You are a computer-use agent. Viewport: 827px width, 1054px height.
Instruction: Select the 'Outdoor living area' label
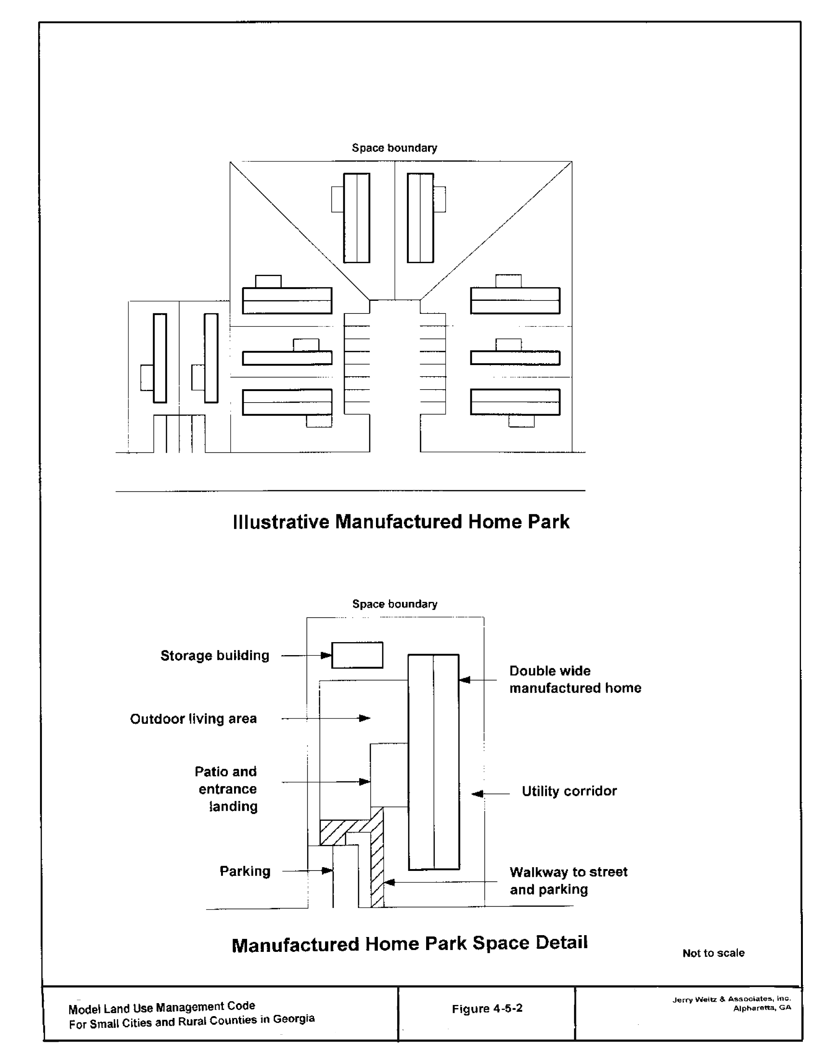[x=193, y=719]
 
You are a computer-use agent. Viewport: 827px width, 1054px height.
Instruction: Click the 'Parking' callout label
[x=245, y=871]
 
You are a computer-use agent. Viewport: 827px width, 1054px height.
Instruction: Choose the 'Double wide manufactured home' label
[x=575, y=679]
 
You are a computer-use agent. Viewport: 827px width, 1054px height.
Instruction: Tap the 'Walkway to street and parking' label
[x=568, y=881]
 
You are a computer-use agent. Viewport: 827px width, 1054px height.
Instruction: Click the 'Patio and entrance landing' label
[x=226, y=789]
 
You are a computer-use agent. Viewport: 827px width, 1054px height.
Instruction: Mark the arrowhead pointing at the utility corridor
[x=477, y=794]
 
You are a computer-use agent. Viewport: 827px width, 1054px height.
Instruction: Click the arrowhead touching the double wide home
[x=465, y=680]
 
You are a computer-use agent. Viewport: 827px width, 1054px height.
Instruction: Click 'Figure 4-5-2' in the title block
[x=487, y=1009]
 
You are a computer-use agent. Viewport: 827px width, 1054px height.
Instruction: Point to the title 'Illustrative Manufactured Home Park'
[x=401, y=522]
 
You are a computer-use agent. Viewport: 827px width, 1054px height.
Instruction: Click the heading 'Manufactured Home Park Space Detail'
[x=410, y=944]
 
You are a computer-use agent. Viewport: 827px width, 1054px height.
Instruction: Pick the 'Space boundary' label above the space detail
[x=395, y=604]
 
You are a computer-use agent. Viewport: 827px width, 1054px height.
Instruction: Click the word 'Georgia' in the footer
[x=294, y=1019]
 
